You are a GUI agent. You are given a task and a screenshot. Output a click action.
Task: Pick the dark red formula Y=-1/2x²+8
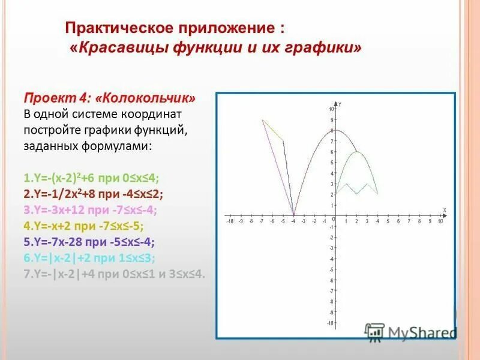pos(94,194)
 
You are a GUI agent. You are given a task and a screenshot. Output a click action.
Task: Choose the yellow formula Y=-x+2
pos(83,226)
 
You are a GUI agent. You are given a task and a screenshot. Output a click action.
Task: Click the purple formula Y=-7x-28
pos(89,242)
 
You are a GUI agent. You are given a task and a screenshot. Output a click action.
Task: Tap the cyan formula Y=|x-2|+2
pos(89,259)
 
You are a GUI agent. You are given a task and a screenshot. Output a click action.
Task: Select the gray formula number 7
pos(115,275)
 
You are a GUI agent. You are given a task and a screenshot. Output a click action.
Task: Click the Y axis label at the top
pos(340,104)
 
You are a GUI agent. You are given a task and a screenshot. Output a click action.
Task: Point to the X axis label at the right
pos(444,209)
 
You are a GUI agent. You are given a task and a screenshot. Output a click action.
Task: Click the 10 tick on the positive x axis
pos(440,221)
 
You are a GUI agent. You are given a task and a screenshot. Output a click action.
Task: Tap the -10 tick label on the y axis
pos(330,323)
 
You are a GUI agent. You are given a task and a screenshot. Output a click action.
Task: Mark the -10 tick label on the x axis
pos(229,221)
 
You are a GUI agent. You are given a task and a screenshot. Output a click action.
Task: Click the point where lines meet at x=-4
pos(293,215)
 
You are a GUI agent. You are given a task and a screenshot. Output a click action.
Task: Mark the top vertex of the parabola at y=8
pos(335,130)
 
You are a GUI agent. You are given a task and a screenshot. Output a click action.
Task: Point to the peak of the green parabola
pos(357,151)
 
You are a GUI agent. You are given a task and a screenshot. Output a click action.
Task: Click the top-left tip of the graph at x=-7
pos(262,119)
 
